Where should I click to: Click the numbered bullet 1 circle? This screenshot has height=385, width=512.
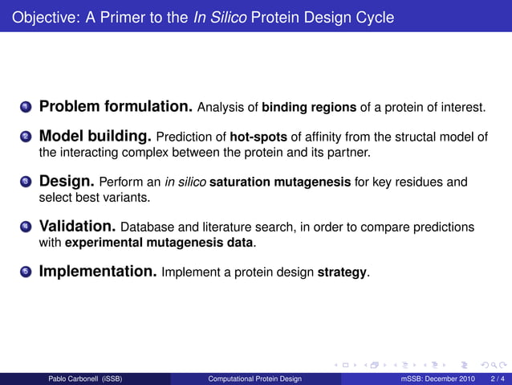[x=26, y=108]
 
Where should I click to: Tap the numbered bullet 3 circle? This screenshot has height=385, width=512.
[x=26, y=182]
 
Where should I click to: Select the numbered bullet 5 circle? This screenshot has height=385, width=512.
[x=26, y=272]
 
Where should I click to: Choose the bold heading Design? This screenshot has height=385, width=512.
[x=67, y=181]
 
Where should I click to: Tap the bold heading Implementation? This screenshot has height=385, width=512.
[x=98, y=272]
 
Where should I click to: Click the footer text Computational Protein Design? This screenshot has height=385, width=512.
[x=254, y=379]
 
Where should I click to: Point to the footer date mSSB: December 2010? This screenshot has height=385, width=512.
[x=438, y=379]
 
